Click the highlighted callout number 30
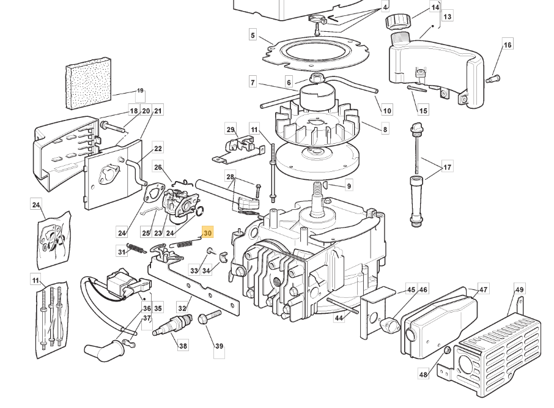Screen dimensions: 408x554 pyautogui.click(x=207, y=233)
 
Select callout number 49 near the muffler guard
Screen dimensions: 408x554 pyautogui.click(x=520, y=290)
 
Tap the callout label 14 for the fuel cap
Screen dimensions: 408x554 pyautogui.click(x=435, y=7)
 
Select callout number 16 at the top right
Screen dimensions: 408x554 pyautogui.click(x=508, y=45)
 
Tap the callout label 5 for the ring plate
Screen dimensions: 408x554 pyautogui.click(x=253, y=35)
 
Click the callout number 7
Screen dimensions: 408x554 pyautogui.click(x=252, y=82)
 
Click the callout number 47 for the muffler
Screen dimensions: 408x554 pyautogui.click(x=484, y=290)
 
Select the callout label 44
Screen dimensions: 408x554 pyautogui.click(x=339, y=317)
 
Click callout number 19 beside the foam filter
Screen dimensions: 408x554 pyautogui.click(x=140, y=91)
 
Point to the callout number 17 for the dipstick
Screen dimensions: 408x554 pyautogui.click(x=447, y=167)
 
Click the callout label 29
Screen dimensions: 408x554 pyautogui.click(x=231, y=130)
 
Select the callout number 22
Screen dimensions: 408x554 pyautogui.click(x=158, y=148)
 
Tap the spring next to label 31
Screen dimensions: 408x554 pyautogui.click(x=138, y=248)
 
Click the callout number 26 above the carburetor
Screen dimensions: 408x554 pyautogui.click(x=158, y=167)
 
